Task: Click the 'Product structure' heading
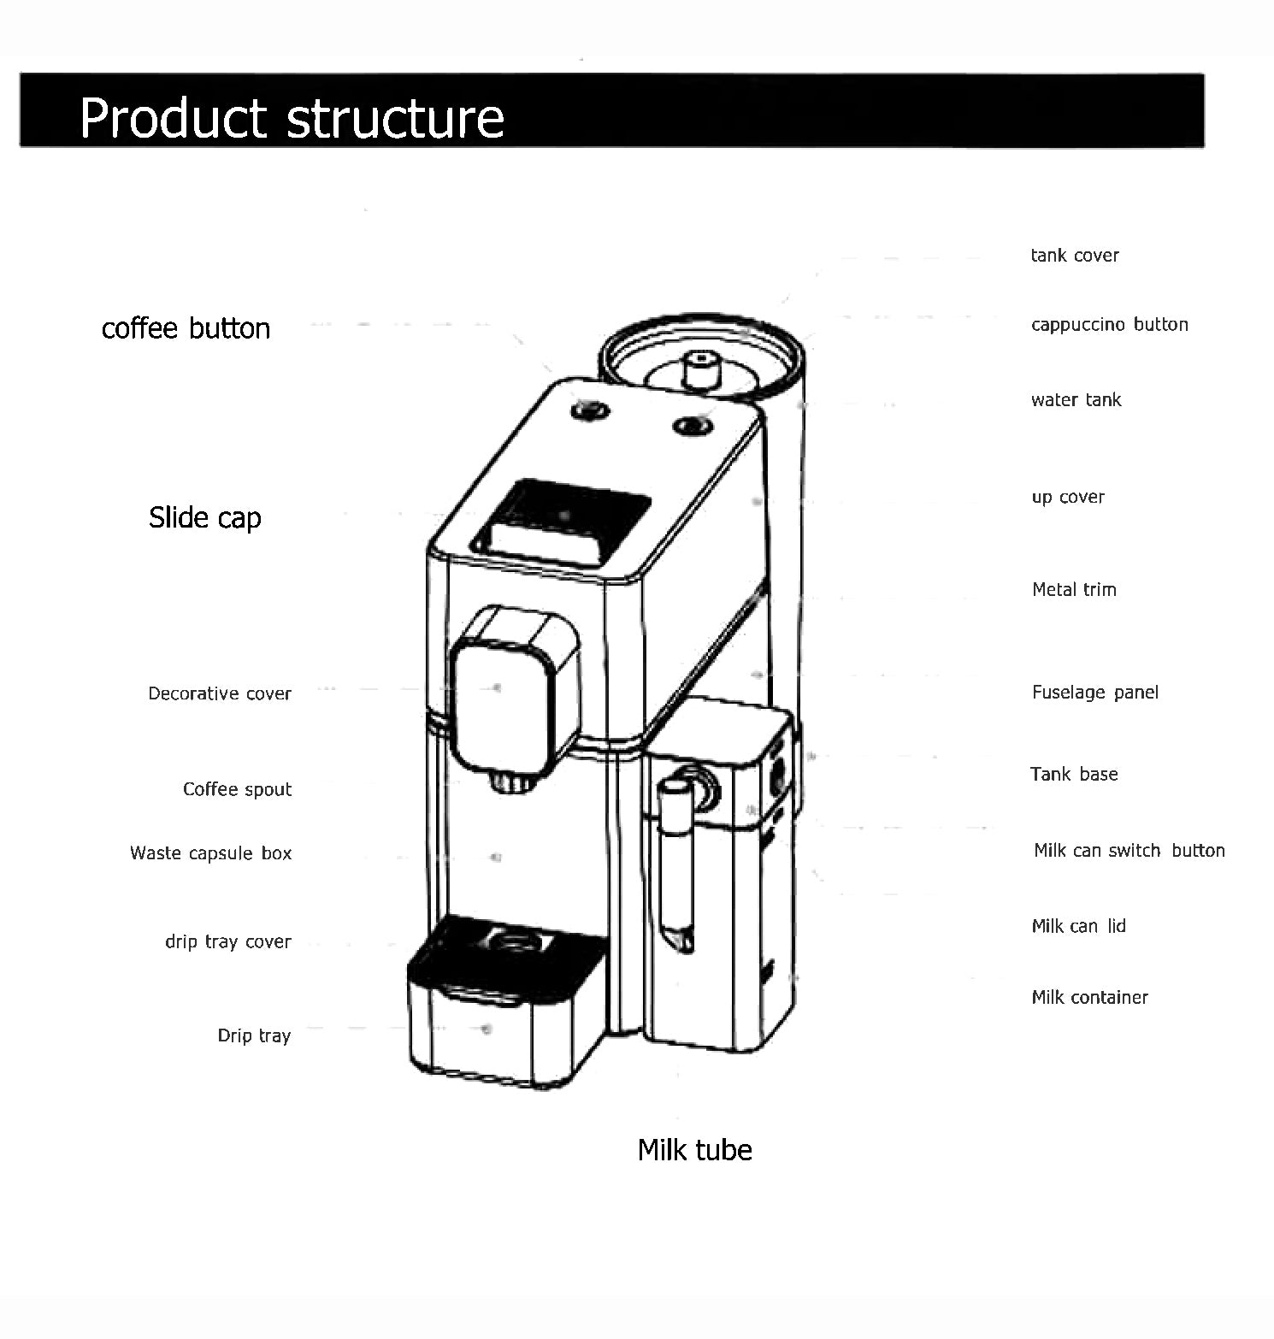click(x=292, y=117)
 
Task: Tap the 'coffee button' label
click(x=186, y=328)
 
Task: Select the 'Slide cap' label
click(x=204, y=517)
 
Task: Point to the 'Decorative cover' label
click(x=220, y=693)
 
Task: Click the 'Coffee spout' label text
click(x=237, y=789)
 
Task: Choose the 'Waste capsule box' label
click(x=210, y=853)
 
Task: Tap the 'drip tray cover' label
click(x=227, y=941)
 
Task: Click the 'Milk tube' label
click(x=694, y=1150)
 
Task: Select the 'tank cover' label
click(x=1074, y=256)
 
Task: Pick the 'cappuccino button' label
click(x=1109, y=325)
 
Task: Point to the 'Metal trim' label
click(x=1074, y=589)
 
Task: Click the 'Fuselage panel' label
click(x=1094, y=693)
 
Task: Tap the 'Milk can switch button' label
click(x=1129, y=851)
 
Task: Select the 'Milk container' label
click(x=1089, y=997)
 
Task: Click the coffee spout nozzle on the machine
click(x=510, y=782)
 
